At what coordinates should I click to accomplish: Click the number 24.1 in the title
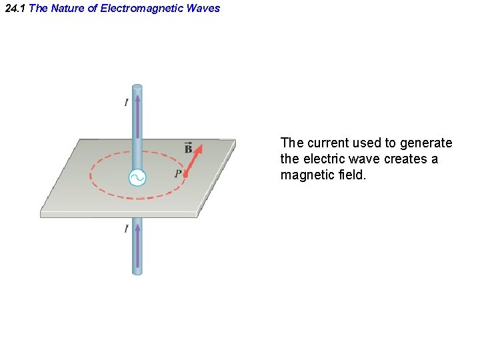coord(15,9)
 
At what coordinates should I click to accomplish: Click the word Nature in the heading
coord(67,9)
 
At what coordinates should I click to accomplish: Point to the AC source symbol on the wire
coord(137,178)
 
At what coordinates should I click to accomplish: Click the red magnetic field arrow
coord(194,160)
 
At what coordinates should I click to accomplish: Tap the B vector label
coord(189,148)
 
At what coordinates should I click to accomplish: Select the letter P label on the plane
coord(177,174)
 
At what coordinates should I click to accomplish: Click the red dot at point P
coord(185,176)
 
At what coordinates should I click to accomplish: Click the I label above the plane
coord(126,102)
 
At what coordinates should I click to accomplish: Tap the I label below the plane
coord(126,229)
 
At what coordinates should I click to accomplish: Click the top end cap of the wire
coord(137,87)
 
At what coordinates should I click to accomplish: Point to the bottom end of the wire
coord(137,272)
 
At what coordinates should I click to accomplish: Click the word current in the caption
coord(329,143)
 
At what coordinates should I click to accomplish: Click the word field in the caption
coord(353,175)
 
